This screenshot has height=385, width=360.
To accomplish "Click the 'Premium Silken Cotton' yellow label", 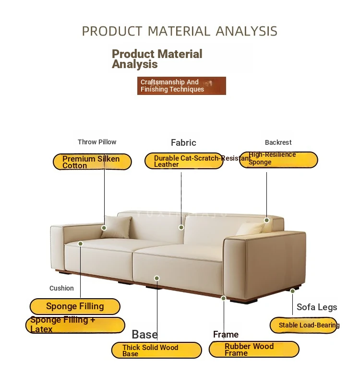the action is (x=92, y=162).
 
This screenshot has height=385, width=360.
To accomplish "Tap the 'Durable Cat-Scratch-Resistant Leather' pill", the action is (x=184, y=161).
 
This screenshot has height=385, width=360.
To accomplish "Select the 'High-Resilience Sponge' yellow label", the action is (x=278, y=160).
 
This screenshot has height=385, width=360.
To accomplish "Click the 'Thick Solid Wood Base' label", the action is (x=156, y=350).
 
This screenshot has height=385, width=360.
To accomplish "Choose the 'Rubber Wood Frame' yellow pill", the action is (x=254, y=349).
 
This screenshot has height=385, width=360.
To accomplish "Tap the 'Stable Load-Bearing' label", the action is (x=303, y=326).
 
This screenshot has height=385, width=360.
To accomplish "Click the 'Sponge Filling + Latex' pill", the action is (x=75, y=325).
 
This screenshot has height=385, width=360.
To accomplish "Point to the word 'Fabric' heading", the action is (x=183, y=143).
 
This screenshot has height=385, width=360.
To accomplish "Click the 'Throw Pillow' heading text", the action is (x=97, y=142).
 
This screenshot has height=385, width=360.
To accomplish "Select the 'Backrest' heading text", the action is (x=278, y=142).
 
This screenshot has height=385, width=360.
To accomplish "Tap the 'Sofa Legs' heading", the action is (x=317, y=307).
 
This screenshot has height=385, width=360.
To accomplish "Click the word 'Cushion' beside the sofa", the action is (x=61, y=288).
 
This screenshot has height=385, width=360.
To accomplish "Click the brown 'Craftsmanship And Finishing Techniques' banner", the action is (x=181, y=86).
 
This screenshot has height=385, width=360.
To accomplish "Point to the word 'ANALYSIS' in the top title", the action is (x=246, y=31).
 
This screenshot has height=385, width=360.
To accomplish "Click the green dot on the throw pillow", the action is (x=104, y=228).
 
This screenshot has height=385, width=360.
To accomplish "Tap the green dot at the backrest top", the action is (x=266, y=220).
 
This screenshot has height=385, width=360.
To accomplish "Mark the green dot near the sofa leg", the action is (x=292, y=291).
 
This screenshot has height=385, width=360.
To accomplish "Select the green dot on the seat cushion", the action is (x=80, y=244).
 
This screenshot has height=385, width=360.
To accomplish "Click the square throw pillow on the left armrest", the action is (x=116, y=227).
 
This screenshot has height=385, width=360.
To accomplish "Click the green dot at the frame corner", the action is (x=223, y=298).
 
